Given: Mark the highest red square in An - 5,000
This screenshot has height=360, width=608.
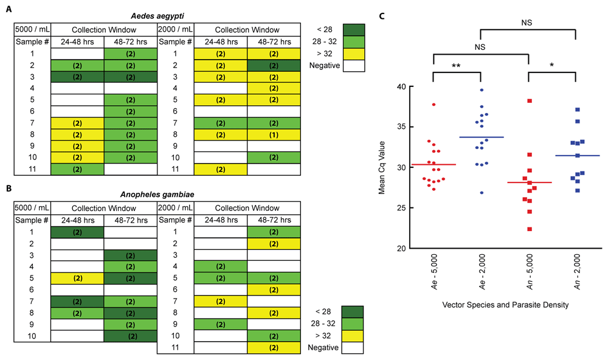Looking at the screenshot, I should click(530, 100).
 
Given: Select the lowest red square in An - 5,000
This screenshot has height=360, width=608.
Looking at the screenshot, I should click(530, 229).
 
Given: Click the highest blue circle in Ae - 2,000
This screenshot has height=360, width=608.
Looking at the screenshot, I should click(482, 90).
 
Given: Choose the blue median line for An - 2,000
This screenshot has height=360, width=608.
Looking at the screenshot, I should click(576, 156).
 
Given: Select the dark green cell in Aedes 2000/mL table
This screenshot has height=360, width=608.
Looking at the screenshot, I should click(273, 65).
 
